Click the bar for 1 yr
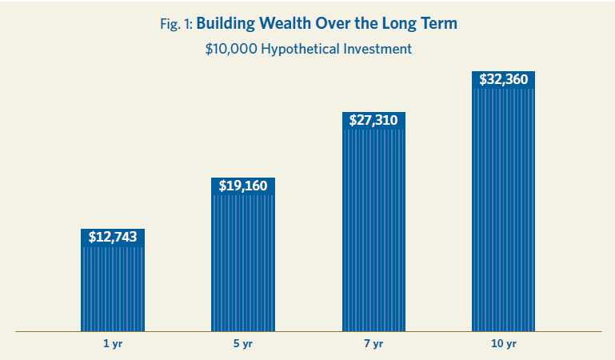click(x=113, y=288)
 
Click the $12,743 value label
click(x=113, y=237)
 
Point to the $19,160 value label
click(x=243, y=186)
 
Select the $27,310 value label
click(x=373, y=120)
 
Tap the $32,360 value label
click(x=503, y=79)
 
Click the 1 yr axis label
click(x=113, y=344)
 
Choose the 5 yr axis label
click(x=243, y=344)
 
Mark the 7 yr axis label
click(x=373, y=344)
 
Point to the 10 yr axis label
click(x=503, y=344)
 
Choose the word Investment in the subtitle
click(x=377, y=49)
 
